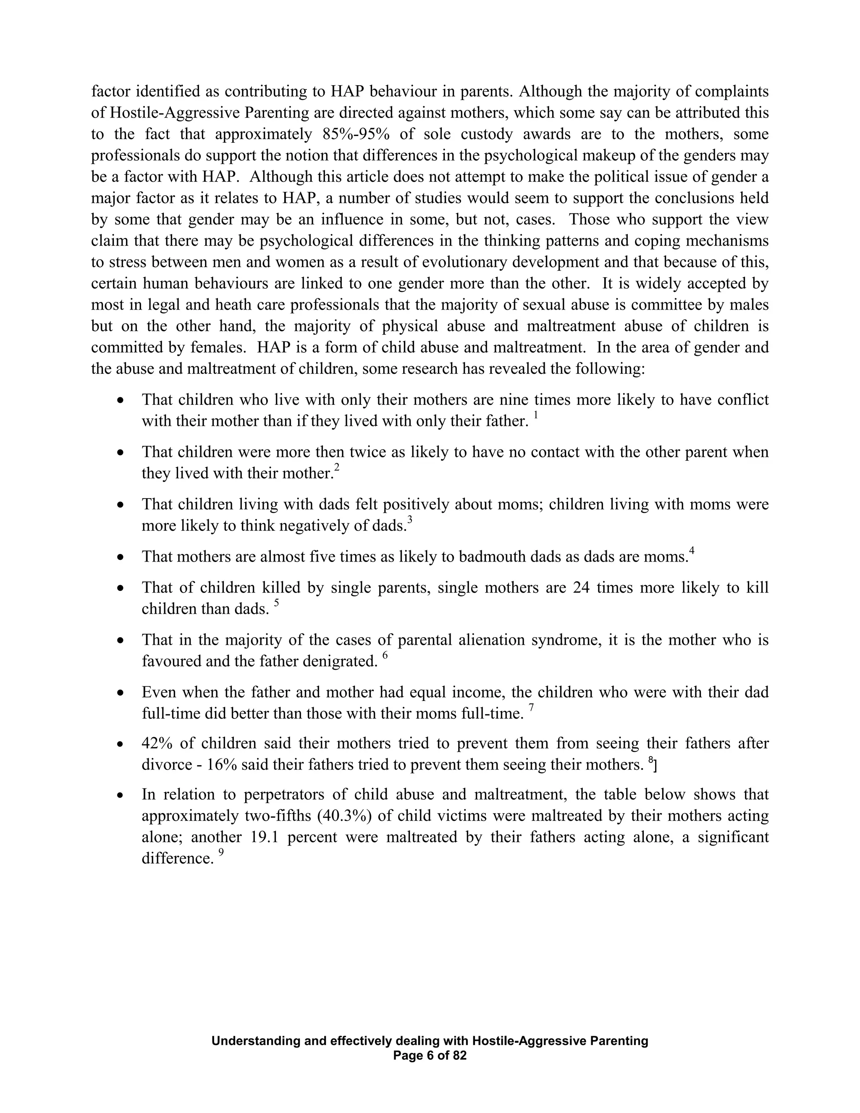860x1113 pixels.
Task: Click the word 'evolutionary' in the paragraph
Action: [465, 262]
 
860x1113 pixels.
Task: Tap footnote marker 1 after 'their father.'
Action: [535, 416]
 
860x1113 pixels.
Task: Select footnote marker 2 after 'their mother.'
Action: [336, 468]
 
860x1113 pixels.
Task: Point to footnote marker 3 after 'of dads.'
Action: [409, 520]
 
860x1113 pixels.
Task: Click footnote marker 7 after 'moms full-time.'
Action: [531, 707]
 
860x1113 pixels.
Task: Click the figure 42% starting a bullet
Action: [157, 743]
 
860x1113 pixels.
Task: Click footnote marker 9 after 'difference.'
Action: [221, 853]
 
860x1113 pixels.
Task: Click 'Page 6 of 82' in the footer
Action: [430, 1055]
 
